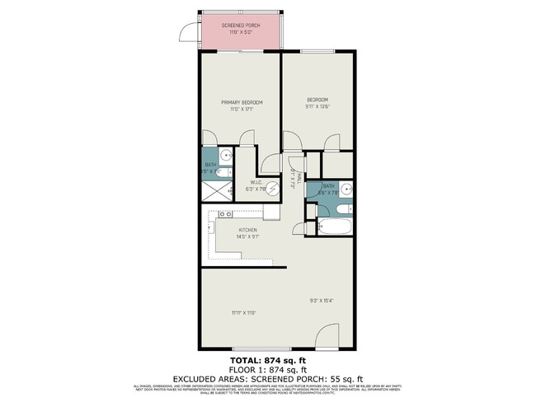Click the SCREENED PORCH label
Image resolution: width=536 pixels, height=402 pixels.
(x=241, y=25)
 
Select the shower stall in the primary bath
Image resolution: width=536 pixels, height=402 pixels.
(x=216, y=192)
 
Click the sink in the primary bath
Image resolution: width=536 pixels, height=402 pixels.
(x=225, y=155)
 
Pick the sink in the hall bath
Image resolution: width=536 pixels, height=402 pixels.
(x=347, y=189)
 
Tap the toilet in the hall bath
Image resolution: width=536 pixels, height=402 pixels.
(x=312, y=228)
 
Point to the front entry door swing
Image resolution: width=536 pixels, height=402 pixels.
(x=327, y=336)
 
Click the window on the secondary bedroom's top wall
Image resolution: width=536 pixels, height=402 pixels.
(x=317, y=52)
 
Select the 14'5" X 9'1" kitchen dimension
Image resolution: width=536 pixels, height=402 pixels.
(x=248, y=237)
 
